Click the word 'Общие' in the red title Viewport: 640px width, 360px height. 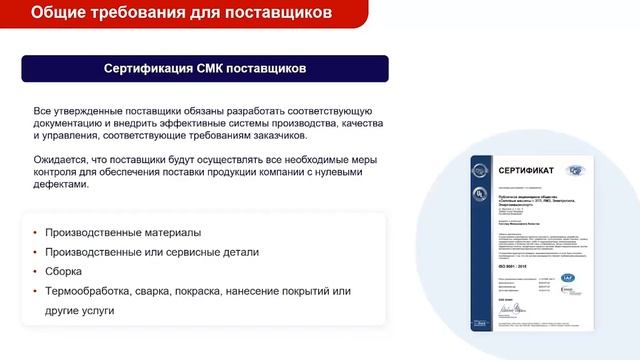pyautogui.click(x=59, y=13)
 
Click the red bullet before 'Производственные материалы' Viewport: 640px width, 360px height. pyautogui.click(x=36, y=234)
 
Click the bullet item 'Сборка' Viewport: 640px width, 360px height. pyautogui.click(x=64, y=271)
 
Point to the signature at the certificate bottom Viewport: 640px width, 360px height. pyautogui.click(x=520, y=318)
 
